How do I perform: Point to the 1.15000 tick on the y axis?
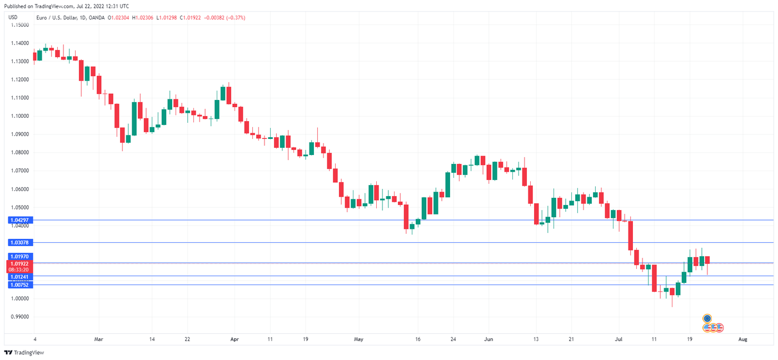[20, 25]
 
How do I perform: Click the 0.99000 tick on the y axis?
[20, 317]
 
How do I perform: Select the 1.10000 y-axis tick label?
[20, 116]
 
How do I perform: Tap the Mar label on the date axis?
[99, 338]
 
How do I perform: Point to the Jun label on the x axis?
[488, 338]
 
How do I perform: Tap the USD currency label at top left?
[13, 18]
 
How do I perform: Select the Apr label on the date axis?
[234, 338]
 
